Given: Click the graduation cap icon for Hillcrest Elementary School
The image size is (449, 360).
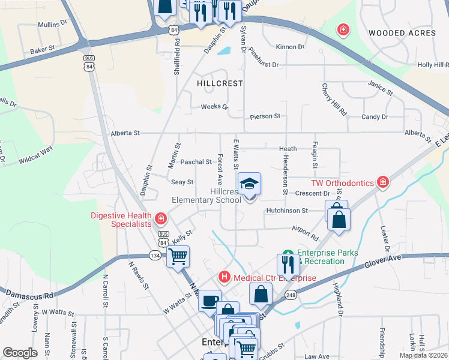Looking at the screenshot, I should coord(250,184).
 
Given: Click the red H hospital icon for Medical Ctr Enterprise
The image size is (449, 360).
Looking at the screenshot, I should coord(224,277).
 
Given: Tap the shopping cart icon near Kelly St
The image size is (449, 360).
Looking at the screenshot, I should coord(178,256).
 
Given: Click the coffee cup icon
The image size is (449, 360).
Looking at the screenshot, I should coord(209,300).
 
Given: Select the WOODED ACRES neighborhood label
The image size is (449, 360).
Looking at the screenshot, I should coord(402,33).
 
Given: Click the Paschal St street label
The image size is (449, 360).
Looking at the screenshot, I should coord(196,162).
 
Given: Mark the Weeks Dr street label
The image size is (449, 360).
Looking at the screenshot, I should coord(214,107).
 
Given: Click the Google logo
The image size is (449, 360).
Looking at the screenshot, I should coord(20,352).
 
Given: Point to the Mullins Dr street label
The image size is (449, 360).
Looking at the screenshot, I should coord(53,24).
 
